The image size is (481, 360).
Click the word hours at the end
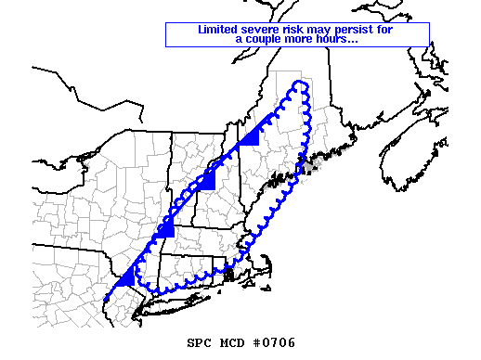[337, 39]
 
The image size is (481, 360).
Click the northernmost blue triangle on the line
[248, 139]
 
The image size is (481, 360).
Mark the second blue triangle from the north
[207, 180]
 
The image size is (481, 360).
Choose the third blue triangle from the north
[165, 229]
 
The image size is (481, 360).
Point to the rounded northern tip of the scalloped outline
[299, 84]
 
